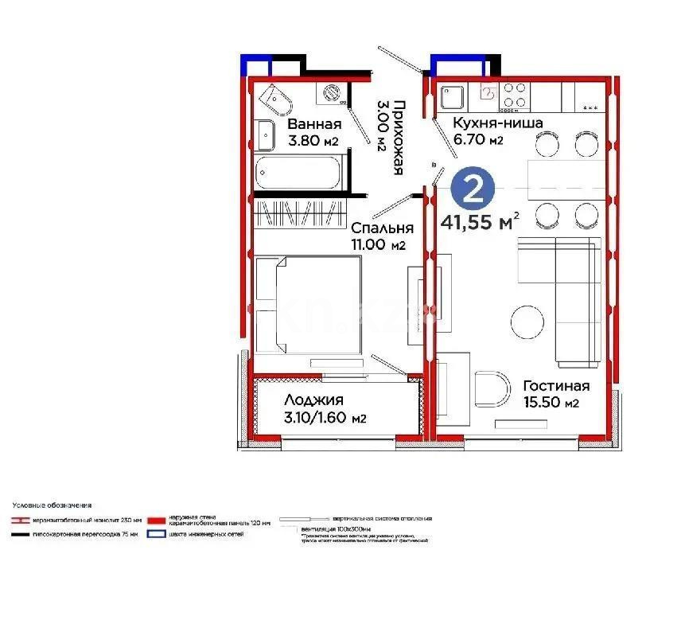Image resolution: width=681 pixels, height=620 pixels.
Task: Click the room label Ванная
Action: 314,124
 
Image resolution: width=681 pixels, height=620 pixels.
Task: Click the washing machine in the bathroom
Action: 331,94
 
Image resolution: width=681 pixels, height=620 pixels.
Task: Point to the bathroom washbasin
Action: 264,131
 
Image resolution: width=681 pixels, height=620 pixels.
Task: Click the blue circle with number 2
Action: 474,189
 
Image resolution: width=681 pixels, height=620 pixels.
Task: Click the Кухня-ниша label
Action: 497,123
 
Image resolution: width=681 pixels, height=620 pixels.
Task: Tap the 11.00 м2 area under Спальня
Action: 379,245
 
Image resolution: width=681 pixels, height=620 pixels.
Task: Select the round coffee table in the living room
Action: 529,322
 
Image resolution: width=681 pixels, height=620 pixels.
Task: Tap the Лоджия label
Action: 313,400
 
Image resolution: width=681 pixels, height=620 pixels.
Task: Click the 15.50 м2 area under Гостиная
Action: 550,404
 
